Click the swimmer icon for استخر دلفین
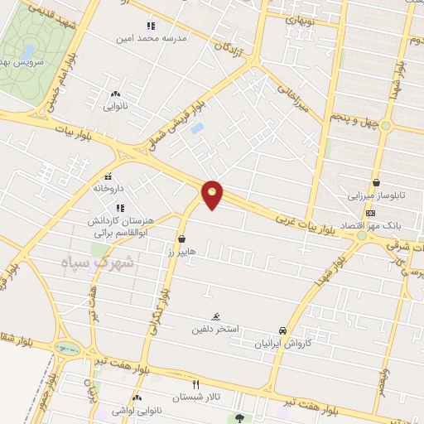(x=215, y=316)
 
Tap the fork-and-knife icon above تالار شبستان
(x=196, y=384)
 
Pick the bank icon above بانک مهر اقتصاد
(x=370, y=214)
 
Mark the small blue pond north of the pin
(x=197, y=128)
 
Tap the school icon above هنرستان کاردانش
(x=120, y=208)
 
